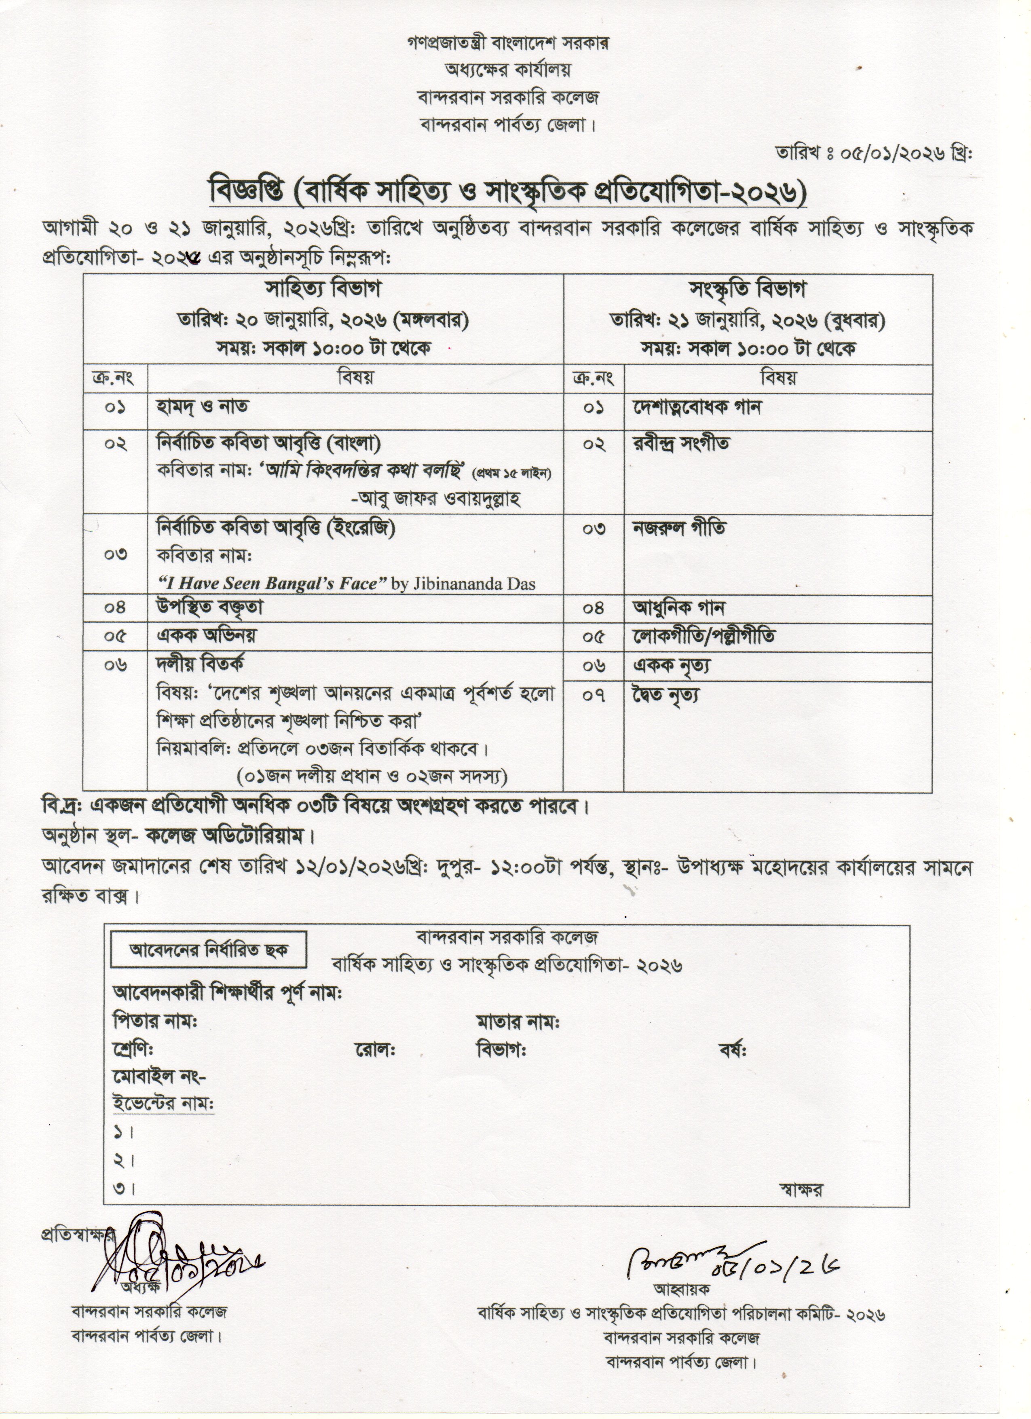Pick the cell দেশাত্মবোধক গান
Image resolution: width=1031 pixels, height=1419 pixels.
696,407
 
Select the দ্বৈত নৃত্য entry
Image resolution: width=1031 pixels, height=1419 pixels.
666,694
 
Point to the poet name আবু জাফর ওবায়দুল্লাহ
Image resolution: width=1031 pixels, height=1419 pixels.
436,499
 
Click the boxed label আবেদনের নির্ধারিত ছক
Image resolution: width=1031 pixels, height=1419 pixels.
208,968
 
